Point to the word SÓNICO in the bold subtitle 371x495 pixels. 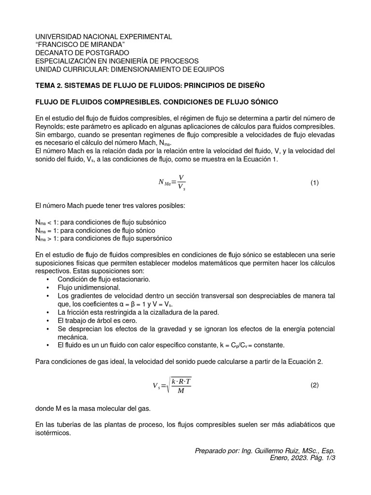[264, 102]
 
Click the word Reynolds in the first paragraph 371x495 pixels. [51, 127]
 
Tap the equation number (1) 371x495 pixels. [315, 183]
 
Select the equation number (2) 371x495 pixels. [315, 385]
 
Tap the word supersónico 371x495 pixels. [152, 238]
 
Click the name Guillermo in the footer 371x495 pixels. [258, 451]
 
